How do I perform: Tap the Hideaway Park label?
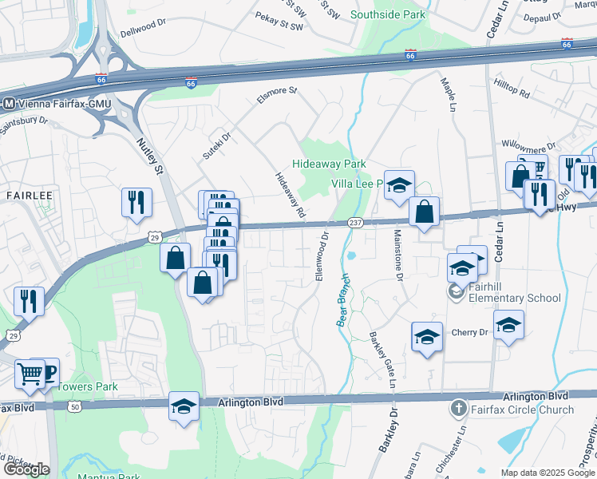[329, 164]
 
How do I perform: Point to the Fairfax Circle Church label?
[522, 410]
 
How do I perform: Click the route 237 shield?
[355, 223]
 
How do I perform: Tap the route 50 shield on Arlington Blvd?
[75, 406]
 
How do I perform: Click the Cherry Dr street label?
[469, 332]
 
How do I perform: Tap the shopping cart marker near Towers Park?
[30, 373]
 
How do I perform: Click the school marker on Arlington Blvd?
[184, 406]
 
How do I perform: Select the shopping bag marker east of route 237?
[425, 212]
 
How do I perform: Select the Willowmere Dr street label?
[528, 147]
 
